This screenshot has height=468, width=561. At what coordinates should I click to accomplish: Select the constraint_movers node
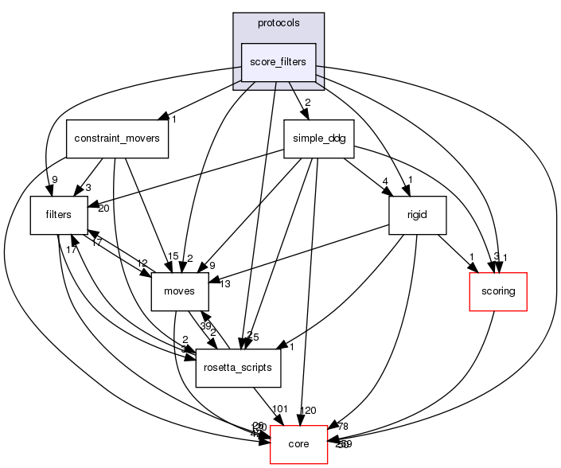(116, 138)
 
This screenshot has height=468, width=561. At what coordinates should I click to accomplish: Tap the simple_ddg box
(318, 138)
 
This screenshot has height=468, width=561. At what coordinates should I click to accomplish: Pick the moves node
(180, 291)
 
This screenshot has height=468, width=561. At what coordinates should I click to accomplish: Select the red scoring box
(498, 291)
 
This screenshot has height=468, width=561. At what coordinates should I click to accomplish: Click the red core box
(299, 444)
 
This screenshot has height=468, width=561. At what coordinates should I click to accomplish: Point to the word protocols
(279, 23)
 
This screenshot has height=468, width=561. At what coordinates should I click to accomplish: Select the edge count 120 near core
(308, 411)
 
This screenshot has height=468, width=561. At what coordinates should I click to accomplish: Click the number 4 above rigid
(384, 181)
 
